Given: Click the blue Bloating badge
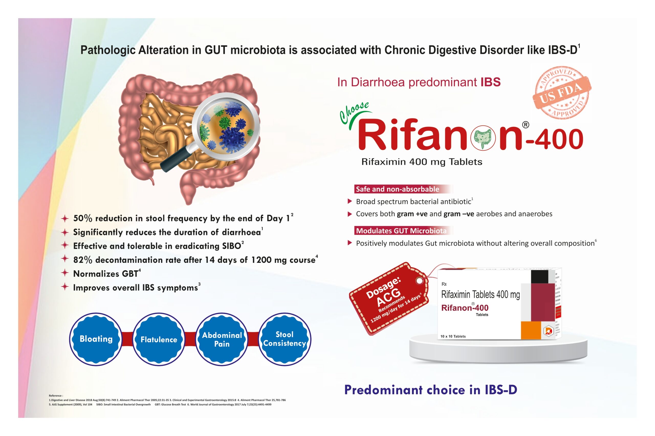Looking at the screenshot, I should coord(96,339).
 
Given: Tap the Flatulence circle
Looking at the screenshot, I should coord(159,339).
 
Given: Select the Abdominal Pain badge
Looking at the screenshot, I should coord(222,339).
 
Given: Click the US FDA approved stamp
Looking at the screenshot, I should coord(561,93).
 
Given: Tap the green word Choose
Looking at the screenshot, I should coord(354,112).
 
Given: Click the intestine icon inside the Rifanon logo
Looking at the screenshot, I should coord(483,138).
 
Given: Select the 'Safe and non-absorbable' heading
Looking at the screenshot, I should coord(397,189).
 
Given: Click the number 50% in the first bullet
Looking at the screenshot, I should coord(82,218).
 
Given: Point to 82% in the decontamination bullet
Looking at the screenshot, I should coord(82,260).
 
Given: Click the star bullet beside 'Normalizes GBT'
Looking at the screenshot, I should coord(65,273).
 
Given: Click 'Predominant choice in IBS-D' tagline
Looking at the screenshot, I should coord(431,390).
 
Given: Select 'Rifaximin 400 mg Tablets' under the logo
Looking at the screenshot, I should coord(422,162).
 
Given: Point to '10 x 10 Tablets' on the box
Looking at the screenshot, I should coord(453,336).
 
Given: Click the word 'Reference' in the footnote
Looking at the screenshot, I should coord(56,396).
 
